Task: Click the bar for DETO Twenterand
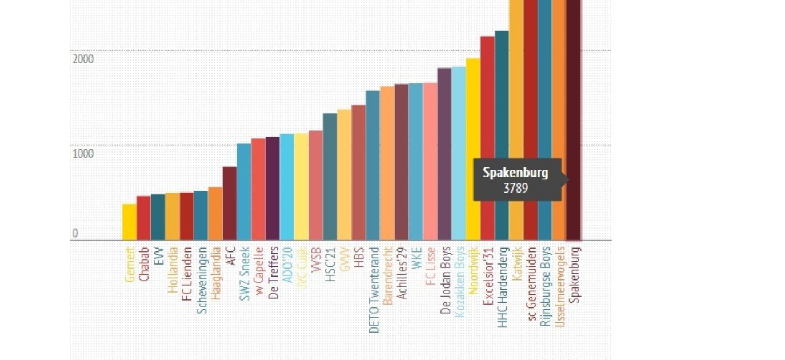(x=373, y=165)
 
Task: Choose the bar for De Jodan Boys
(x=444, y=154)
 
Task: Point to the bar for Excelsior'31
(x=487, y=138)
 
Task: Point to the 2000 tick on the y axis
(x=83, y=59)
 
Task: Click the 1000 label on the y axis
(x=83, y=154)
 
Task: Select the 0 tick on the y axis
(x=75, y=233)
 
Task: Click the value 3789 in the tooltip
(x=515, y=189)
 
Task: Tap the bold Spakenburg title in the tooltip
(x=515, y=173)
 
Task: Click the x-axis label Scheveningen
(x=201, y=280)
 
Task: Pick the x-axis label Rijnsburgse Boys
(x=546, y=286)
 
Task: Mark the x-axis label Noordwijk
(x=473, y=270)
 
